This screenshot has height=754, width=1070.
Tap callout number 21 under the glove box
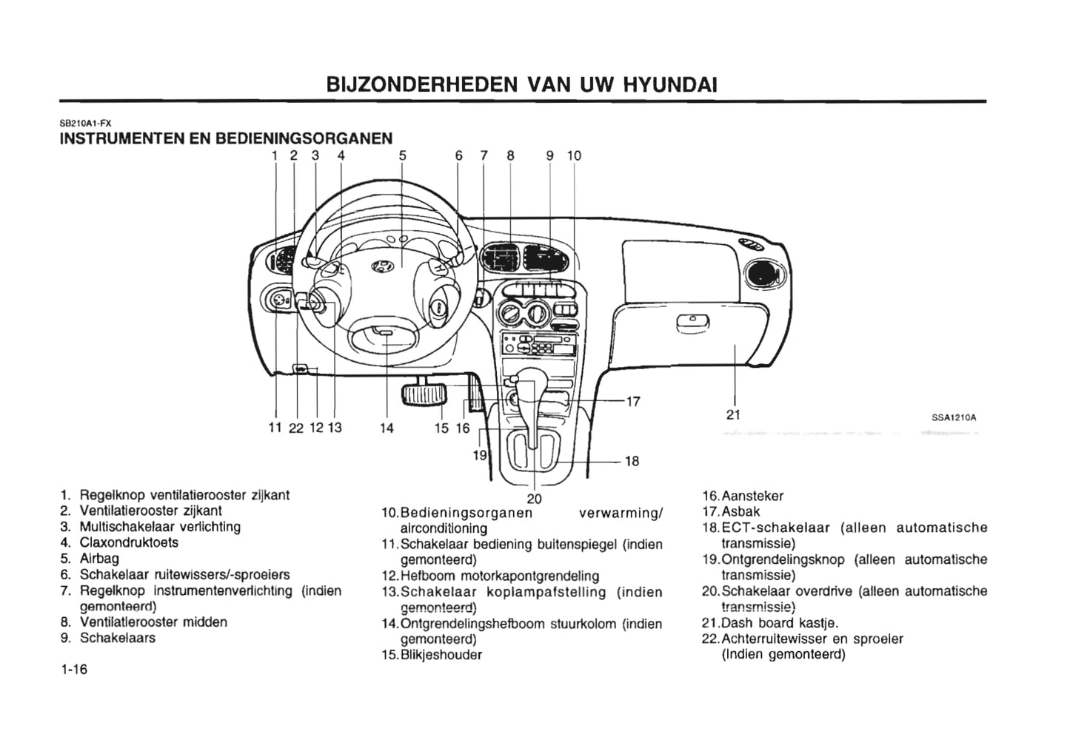click(x=733, y=415)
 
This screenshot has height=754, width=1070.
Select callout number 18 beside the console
click(x=632, y=461)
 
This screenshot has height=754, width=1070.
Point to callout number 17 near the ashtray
click(x=633, y=402)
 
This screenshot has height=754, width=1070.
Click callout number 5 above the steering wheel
click(x=402, y=155)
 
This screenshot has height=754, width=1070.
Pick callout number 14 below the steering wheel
click(x=387, y=428)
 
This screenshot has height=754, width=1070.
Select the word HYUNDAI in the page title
click(x=670, y=84)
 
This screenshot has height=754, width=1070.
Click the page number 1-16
click(x=74, y=670)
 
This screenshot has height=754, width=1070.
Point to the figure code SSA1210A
click(x=954, y=417)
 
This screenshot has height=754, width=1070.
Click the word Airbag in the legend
click(x=99, y=559)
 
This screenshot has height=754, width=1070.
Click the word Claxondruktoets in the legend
click(x=129, y=542)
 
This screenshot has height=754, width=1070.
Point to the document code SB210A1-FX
click(x=85, y=124)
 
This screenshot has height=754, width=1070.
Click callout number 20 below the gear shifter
click(x=534, y=499)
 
